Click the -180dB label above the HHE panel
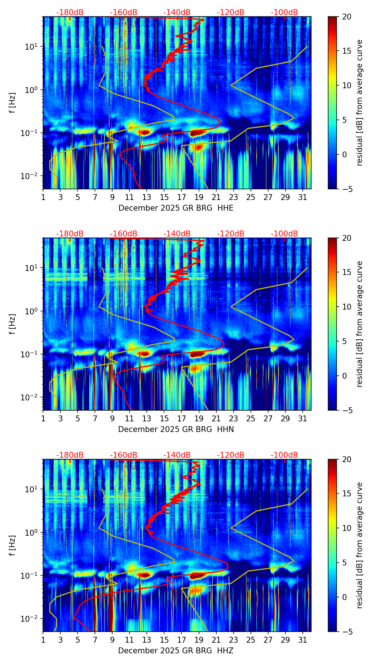(70, 13)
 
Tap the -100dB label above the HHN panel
(284, 234)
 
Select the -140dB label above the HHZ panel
(177, 455)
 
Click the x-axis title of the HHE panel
(176, 208)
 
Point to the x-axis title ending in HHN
(176, 429)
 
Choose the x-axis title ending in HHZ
(176, 651)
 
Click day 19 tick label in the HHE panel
(199, 197)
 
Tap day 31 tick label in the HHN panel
(302, 419)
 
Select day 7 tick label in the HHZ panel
(95, 640)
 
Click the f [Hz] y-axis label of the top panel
(13, 103)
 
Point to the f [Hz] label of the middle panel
(13, 324)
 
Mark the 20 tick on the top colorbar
(347, 17)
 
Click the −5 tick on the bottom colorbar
(347, 632)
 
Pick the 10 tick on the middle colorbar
(347, 307)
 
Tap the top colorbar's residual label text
(359, 103)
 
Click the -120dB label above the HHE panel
(231, 13)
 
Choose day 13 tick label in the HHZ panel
(147, 640)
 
